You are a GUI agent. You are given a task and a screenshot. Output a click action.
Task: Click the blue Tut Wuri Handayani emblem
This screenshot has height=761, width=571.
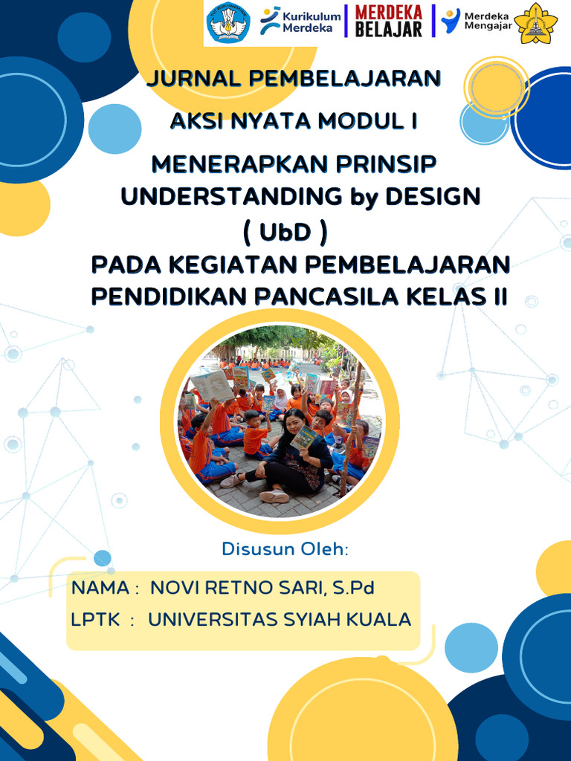(228, 23)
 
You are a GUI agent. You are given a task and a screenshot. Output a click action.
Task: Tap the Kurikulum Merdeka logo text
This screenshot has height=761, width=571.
(302, 22)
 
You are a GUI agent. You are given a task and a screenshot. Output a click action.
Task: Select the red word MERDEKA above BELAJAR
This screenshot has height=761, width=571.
(388, 13)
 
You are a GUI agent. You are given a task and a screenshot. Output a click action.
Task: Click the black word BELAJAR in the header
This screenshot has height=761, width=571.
(388, 30)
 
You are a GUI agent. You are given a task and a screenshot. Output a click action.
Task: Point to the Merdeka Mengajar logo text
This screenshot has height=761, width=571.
(486, 22)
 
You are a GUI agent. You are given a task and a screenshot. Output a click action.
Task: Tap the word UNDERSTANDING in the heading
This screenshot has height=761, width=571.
(231, 197)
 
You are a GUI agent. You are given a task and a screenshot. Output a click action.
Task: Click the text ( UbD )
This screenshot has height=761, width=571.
(285, 233)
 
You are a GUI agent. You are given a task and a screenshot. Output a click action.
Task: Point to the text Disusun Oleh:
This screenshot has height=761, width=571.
(285, 549)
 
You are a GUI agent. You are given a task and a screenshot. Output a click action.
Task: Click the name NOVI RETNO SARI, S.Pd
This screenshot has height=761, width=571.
(262, 588)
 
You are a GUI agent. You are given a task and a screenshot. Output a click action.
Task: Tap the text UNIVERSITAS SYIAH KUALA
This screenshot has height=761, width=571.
(280, 619)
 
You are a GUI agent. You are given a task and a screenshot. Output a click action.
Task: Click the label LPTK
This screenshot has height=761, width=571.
(95, 619)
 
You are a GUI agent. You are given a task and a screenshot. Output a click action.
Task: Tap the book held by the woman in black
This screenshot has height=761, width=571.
(304, 437)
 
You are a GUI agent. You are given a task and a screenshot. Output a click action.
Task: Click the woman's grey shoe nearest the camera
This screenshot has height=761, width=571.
(274, 496)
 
